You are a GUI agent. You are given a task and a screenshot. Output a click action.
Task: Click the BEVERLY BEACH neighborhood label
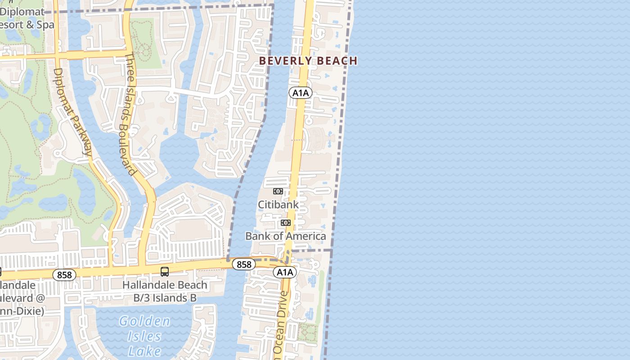[x=308, y=61]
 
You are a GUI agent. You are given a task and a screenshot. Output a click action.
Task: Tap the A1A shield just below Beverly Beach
[x=300, y=93]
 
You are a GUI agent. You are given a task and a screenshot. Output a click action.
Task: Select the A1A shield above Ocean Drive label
[x=285, y=272]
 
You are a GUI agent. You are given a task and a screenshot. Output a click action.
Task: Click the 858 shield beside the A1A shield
[x=244, y=265]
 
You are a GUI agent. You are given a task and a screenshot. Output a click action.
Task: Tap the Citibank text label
[x=278, y=205]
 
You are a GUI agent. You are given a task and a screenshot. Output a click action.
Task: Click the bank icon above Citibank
[x=278, y=191]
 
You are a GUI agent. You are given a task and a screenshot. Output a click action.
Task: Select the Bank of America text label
[x=285, y=236]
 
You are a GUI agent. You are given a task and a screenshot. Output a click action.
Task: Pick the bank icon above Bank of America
[x=286, y=223]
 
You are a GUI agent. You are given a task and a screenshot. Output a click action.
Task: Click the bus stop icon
[x=165, y=271]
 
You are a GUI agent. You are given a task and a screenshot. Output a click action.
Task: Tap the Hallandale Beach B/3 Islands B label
[x=165, y=292]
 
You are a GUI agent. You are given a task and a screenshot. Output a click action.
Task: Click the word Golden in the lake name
[x=145, y=321]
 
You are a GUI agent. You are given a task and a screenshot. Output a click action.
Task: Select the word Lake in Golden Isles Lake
[x=144, y=351]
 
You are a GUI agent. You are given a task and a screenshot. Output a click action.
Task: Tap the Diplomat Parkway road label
[x=72, y=112]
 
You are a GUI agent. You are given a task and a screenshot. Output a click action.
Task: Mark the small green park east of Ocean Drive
[x=308, y=333]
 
